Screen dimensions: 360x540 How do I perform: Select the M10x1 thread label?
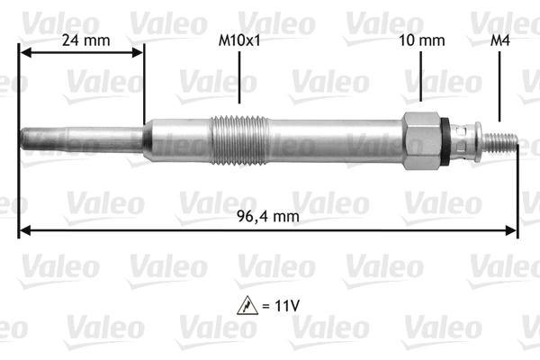[x=239, y=40]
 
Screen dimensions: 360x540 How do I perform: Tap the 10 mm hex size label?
[x=421, y=40]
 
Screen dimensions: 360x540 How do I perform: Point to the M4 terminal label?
[x=499, y=40]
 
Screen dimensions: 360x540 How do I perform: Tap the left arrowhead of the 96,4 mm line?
[x=24, y=231]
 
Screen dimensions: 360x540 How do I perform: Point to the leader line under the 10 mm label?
[x=421, y=76]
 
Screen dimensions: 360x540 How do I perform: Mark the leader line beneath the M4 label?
[x=499, y=85]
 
